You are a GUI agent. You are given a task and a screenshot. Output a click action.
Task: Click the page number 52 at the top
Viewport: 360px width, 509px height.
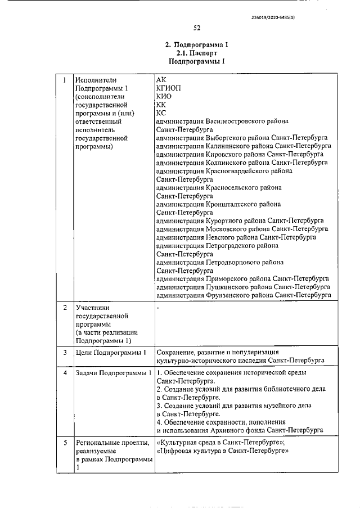(x=197, y=27)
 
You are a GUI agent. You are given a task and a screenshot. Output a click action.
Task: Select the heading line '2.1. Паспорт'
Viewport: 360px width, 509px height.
(x=196, y=52)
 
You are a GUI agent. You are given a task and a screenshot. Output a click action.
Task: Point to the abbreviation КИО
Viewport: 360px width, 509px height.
(x=164, y=96)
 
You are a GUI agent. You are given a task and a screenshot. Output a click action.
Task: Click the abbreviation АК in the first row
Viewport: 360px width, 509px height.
(x=161, y=80)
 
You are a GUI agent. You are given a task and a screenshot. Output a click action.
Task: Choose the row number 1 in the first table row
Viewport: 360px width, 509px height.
(x=65, y=80)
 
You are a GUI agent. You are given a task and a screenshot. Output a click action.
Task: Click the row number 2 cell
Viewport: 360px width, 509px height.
(x=65, y=308)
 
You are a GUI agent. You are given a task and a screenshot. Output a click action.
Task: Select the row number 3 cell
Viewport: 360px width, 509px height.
(x=65, y=352)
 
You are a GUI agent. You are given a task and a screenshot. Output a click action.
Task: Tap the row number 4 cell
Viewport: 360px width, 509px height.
(x=65, y=373)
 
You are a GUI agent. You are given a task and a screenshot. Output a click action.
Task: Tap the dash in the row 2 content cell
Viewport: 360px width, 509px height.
(x=159, y=308)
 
